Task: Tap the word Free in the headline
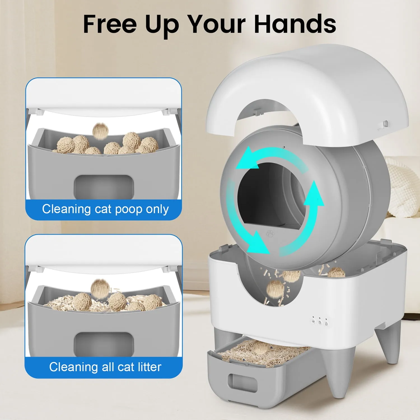pyautogui.click(x=110, y=24)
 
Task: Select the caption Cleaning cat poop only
pyautogui.click(x=105, y=209)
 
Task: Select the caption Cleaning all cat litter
pyautogui.click(x=105, y=367)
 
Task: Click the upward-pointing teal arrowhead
pyautogui.click(x=314, y=193)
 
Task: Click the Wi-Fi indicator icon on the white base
pyautogui.click(x=313, y=322)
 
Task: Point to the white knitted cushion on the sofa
pyautogui.click(x=403, y=188)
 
